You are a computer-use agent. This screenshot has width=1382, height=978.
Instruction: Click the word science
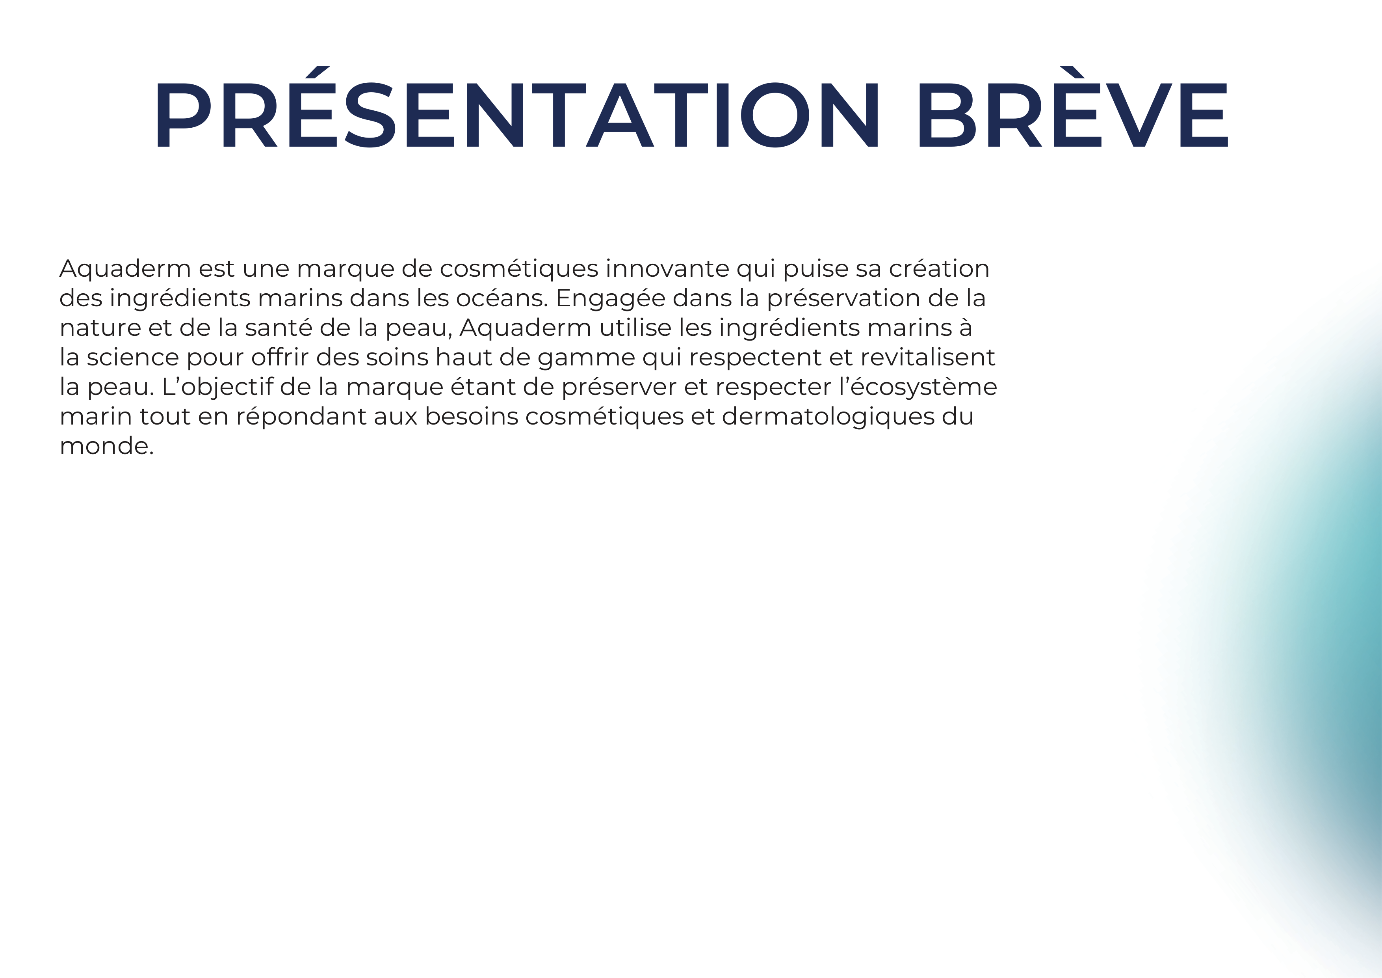pos(132,357)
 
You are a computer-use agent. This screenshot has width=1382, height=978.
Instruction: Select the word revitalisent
pos(927,357)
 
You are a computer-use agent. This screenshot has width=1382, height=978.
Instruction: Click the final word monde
pos(106,446)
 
